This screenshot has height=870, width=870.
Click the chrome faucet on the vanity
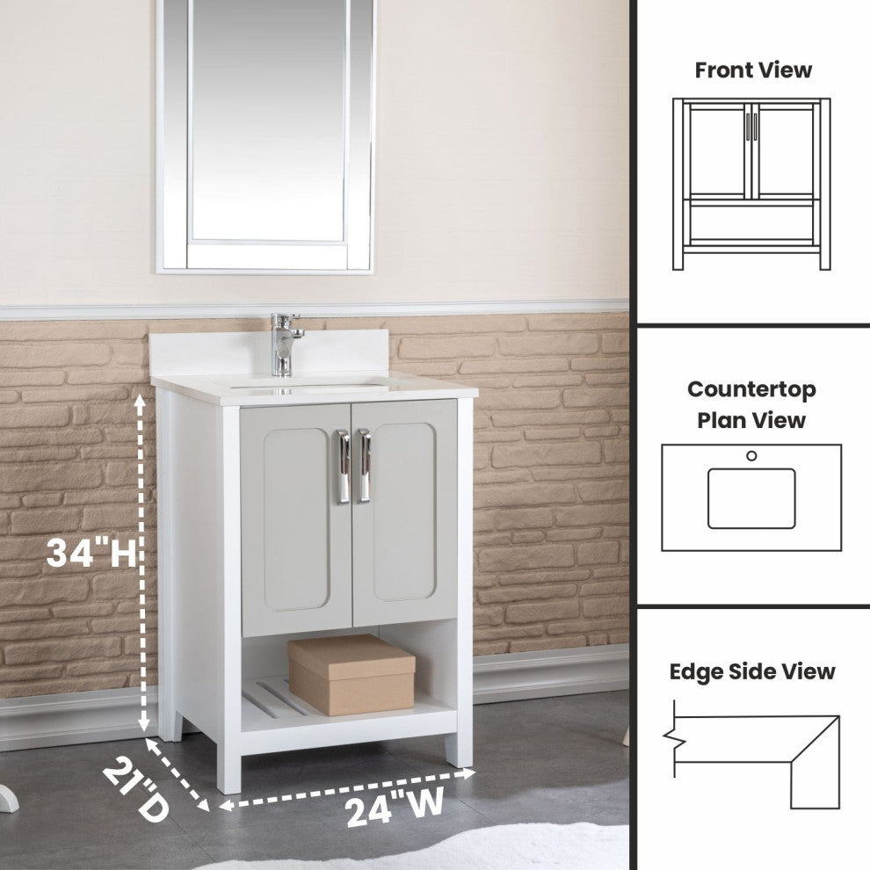(283, 344)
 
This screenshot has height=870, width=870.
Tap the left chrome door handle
(343, 467)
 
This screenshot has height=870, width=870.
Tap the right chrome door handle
(364, 466)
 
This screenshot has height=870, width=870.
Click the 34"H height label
(91, 553)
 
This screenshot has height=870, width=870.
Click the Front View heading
(753, 70)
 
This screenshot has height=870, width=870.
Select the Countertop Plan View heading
(751, 404)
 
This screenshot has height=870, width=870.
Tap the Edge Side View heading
(752, 671)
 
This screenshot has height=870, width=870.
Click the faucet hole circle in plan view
(751, 455)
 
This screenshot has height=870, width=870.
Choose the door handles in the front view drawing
(751, 127)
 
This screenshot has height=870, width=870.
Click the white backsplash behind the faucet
(270, 350)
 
